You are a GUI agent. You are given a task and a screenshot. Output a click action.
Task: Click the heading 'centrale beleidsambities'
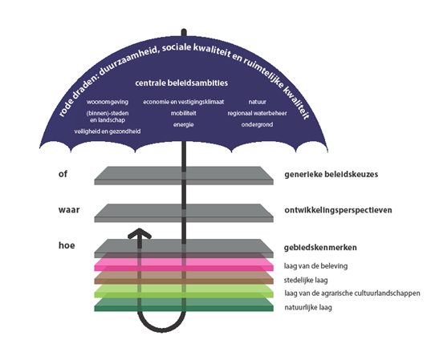181,83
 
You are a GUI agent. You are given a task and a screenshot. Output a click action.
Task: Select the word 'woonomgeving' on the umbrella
108,102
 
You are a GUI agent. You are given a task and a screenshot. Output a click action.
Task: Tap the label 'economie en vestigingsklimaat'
184,102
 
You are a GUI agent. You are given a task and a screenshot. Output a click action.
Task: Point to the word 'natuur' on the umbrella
258,102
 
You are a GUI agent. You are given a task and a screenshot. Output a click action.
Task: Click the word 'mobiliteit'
183,113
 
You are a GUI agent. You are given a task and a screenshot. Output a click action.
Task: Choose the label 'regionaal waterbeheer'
257,113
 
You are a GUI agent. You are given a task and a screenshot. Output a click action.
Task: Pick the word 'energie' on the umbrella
183,124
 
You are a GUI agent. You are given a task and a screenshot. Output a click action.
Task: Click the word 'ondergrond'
257,124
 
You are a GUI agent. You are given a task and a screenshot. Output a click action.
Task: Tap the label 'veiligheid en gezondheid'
108,131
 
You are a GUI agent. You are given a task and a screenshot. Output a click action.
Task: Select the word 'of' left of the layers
63,174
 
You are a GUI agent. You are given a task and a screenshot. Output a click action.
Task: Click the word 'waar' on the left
69,210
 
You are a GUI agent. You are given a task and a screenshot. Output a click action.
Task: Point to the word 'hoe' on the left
67,245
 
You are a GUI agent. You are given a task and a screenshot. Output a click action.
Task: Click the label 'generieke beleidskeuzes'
331,174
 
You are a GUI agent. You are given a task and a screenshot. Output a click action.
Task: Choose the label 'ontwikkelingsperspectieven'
338,210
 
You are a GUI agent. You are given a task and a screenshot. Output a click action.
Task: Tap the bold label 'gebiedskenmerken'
320,248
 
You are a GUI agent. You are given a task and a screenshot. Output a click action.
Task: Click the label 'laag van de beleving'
316,266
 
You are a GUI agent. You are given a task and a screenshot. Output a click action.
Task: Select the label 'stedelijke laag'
306,281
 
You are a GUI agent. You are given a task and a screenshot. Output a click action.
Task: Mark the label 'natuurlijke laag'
308,307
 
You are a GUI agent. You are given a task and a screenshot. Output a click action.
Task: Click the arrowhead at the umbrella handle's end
140,233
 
